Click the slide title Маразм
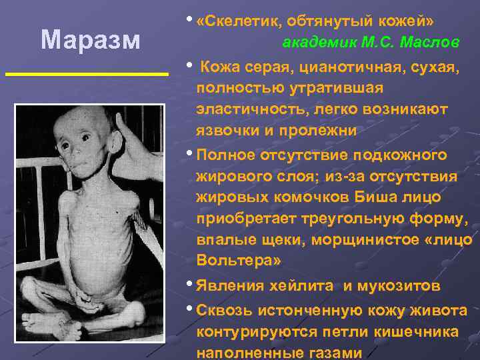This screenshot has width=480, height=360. coord(90,40)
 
